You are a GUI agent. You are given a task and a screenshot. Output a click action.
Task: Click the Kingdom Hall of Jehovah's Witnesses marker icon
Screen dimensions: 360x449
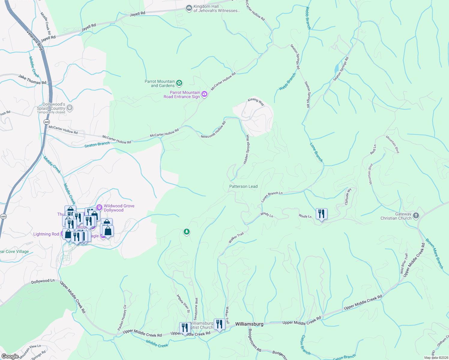tap(189, 8)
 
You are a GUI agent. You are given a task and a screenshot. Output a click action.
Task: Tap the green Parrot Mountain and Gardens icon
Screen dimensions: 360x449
tap(179, 83)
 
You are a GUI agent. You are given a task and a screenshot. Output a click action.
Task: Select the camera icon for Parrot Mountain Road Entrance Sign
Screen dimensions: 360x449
tap(204, 94)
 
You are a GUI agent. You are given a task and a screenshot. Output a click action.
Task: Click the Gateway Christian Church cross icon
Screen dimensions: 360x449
tap(416, 216)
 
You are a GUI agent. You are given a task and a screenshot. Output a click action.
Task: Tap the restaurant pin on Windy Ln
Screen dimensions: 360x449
tap(321, 214)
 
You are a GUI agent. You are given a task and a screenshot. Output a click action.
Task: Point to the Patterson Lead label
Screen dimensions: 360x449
tap(243, 186)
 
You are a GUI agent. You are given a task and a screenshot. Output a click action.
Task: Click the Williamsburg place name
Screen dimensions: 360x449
tap(249, 324)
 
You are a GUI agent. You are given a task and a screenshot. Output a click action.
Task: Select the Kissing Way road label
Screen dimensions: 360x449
tap(256, 102)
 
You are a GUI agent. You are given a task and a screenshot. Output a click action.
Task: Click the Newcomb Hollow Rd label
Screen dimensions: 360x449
tap(213, 130)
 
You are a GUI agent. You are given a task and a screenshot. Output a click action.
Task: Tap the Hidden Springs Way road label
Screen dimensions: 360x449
tap(246, 149)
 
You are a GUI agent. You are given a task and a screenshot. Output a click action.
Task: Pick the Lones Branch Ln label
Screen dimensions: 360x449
tap(272, 197)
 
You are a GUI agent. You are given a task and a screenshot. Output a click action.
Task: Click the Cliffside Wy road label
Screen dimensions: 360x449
tap(348, 196)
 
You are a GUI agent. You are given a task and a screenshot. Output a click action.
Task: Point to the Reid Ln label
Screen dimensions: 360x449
tap(373, 149)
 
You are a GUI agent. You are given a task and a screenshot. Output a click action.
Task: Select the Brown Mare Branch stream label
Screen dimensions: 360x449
tap(434, 253)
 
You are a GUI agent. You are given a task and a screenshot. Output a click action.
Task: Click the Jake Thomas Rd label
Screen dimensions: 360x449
tap(32, 79)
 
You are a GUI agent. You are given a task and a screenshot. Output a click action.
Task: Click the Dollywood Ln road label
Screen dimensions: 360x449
tap(43, 281)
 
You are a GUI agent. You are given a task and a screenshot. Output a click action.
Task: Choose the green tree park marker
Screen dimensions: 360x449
tap(187, 232)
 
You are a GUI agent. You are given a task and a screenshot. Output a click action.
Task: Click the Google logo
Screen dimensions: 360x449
tap(10, 356)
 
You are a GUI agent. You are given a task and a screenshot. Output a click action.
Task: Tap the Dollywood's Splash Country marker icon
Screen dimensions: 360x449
tap(70, 107)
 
